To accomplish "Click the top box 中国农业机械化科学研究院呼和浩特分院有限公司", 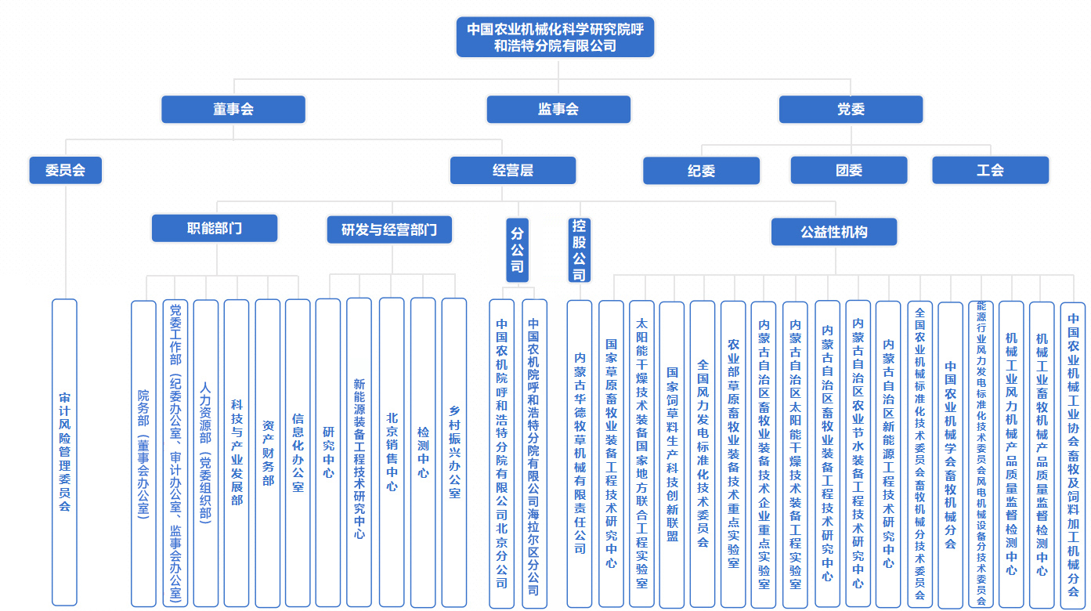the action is [x=555, y=37].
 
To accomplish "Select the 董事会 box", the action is [x=233, y=109].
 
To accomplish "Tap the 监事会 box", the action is [x=558, y=109].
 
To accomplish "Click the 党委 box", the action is [x=851, y=109].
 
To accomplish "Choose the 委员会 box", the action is [x=66, y=170].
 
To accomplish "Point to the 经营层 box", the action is [x=513, y=170].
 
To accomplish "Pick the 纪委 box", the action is [x=702, y=171].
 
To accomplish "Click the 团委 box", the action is [x=849, y=170].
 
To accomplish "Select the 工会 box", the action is [x=991, y=170].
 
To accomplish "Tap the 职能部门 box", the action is [x=215, y=228].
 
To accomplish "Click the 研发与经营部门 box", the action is [x=390, y=230].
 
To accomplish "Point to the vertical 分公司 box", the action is [x=517, y=251].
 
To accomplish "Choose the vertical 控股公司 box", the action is [x=580, y=251].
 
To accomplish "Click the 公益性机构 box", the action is [x=834, y=232].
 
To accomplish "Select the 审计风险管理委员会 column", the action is [x=65, y=452].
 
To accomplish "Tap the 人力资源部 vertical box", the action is [x=206, y=453].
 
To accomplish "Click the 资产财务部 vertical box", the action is [x=268, y=453].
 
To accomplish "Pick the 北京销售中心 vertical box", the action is [x=392, y=452].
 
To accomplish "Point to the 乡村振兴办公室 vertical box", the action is [x=454, y=453].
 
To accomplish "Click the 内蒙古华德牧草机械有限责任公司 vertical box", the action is [x=580, y=454].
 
